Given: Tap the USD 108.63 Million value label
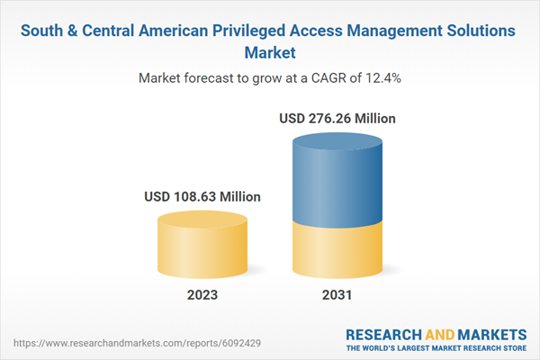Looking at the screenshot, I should click(x=202, y=197).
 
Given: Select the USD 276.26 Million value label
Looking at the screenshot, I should click(x=337, y=118).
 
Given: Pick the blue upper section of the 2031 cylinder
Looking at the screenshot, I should click(x=337, y=180).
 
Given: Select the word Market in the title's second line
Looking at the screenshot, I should click(x=270, y=52).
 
